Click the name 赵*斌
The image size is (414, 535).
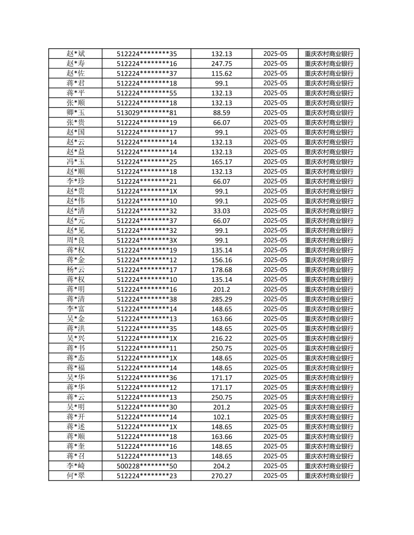[76, 54]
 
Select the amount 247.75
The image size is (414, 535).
[221, 64]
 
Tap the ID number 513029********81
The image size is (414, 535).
[146, 113]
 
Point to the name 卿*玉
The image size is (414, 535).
[76, 113]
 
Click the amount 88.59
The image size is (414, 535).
[221, 113]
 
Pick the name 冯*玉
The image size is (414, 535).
[76, 162]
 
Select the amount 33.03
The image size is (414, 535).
[221, 211]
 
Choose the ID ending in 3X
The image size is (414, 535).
[146, 240]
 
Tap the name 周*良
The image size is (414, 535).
[76, 240]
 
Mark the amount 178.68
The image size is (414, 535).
[221, 270]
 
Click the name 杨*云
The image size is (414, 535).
[76, 270]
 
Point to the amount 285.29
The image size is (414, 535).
[221, 299]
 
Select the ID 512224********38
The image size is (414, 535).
[146, 299]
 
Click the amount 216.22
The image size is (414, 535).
[221, 338]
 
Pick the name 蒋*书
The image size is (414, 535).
[76, 348]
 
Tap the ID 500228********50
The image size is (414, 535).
[146, 466]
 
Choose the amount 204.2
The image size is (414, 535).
[221, 466]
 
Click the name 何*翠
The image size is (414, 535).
[76, 476]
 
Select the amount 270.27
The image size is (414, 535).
[221, 476]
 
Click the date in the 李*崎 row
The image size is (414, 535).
[275, 466]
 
